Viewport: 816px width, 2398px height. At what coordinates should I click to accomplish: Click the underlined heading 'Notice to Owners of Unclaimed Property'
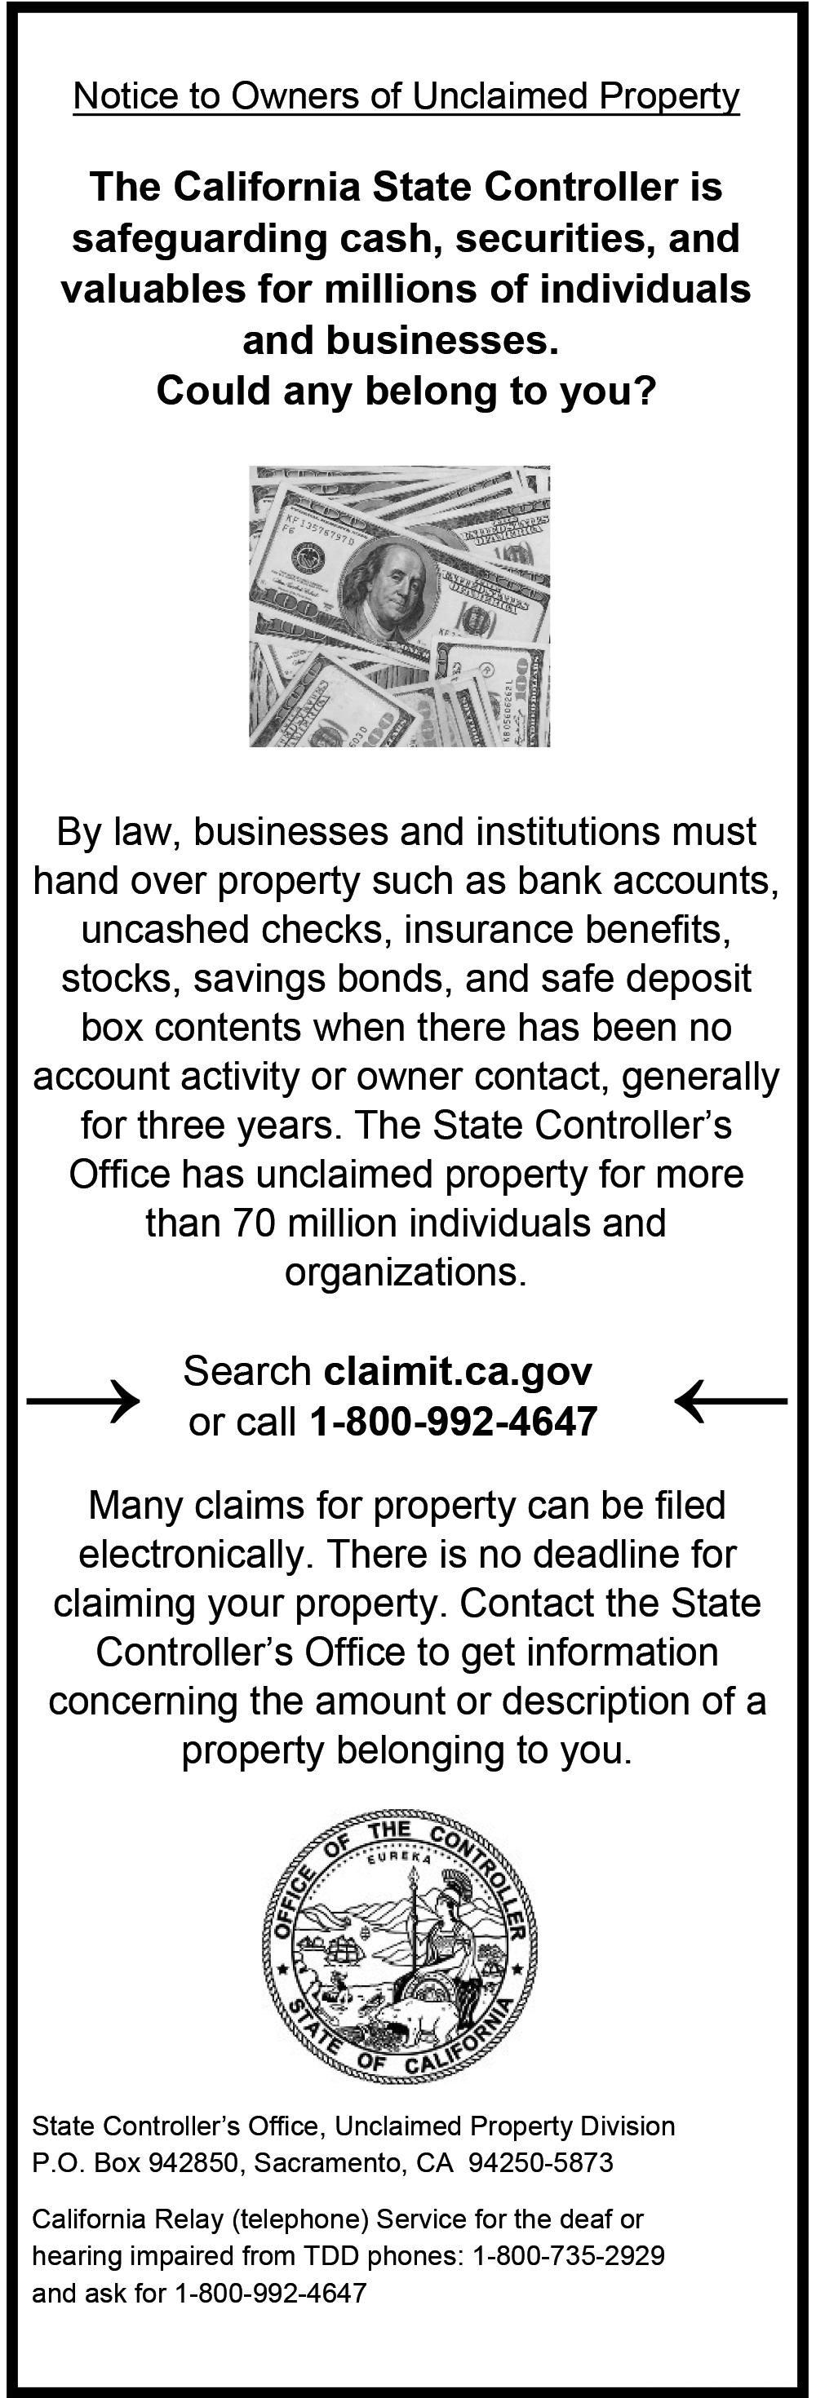point(406,97)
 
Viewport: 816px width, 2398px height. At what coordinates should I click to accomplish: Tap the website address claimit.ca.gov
point(458,1370)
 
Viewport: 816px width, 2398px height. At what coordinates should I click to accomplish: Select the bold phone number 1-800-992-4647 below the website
point(453,1422)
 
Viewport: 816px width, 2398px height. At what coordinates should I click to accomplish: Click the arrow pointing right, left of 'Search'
point(83,1399)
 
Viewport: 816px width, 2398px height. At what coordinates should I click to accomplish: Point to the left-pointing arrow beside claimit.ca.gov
point(731,1399)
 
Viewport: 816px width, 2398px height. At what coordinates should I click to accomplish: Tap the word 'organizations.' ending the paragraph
point(406,1272)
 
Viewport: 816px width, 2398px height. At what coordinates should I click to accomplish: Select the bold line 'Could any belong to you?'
point(406,391)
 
